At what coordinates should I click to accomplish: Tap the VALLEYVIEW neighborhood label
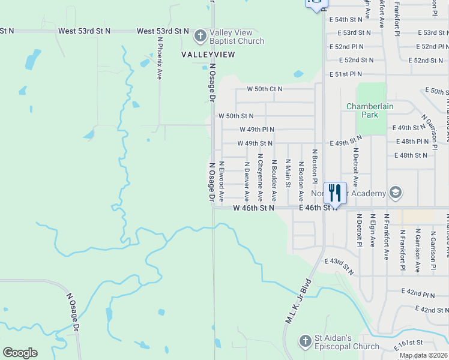(208, 54)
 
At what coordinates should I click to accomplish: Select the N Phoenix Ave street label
(160, 58)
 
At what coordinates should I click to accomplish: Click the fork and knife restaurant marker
(335, 193)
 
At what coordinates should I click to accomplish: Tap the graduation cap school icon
(396, 193)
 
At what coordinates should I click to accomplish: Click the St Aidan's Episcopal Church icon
(306, 341)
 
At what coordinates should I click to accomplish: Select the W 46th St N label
(253, 208)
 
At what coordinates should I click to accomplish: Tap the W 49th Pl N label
(256, 129)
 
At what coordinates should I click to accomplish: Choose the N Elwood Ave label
(221, 180)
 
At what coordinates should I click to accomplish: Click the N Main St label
(288, 173)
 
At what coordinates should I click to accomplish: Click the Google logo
(20, 353)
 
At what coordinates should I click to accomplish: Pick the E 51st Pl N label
(346, 74)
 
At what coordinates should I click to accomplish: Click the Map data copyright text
(424, 355)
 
